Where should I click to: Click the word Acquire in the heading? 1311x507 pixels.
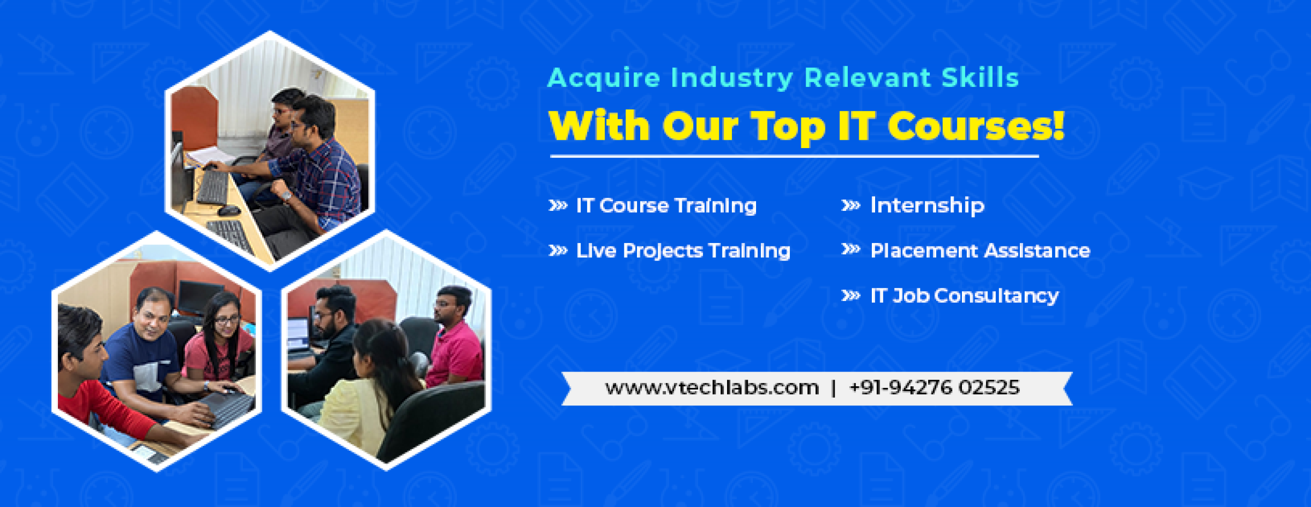(604, 78)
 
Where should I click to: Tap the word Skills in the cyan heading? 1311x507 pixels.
(980, 77)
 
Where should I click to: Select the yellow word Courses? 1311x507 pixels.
(976, 126)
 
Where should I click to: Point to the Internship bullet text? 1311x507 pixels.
(927, 205)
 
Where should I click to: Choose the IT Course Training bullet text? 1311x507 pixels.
(666, 206)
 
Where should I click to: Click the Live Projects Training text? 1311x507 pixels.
(683, 251)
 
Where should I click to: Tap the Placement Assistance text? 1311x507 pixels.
(980, 251)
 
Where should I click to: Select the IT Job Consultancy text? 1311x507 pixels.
(964, 296)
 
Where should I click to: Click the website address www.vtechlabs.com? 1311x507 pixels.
(712, 388)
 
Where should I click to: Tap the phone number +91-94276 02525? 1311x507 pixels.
(934, 387)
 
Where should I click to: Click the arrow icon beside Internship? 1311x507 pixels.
(851, 205)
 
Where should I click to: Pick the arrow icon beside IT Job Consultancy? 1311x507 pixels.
(851, 296)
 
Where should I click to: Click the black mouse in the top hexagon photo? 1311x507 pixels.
(229, 210)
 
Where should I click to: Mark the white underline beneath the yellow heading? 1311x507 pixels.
(794, 156)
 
